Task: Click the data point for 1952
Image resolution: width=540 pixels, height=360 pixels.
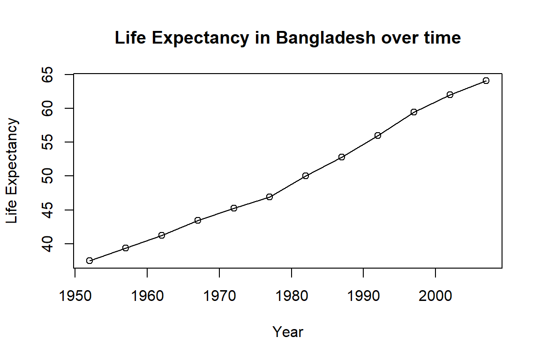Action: coord(90,261)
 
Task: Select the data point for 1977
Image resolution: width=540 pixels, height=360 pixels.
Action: coord(270,197)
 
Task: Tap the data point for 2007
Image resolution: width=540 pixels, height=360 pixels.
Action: coord(486,81)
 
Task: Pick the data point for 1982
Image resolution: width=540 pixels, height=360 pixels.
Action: coord(306,176)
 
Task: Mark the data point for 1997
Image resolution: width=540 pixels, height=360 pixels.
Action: coord(414,112)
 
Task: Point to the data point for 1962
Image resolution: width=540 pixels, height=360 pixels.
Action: coord(162,235)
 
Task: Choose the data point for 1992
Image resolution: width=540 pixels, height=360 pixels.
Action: coord(378,135)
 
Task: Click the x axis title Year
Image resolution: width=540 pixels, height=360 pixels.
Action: coord(288,332)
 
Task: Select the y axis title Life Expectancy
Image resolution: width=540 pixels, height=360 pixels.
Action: coord(13,171)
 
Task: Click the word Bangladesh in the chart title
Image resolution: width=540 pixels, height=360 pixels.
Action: coord(325,38)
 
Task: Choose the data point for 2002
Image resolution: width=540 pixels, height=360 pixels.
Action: coord(450,95)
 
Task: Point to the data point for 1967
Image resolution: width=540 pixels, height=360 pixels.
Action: coord(198,220)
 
